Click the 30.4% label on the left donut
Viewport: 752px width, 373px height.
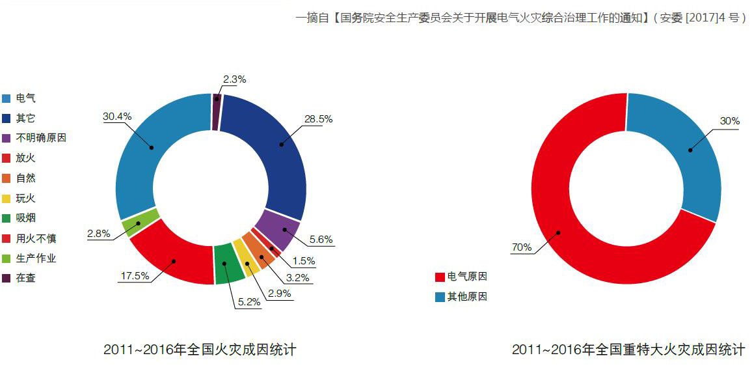click(117, 117)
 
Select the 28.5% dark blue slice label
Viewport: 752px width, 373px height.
click(318, 119)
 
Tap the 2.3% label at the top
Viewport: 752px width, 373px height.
click(234, 79)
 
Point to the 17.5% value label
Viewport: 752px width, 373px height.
click(135, 275)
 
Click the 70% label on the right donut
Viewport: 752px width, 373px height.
click(521, 247)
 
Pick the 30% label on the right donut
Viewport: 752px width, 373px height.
click(729, 121)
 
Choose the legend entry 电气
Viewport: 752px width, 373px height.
click(25, 98)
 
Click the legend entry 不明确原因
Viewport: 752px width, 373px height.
click(40, 138)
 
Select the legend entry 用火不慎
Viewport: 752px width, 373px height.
click(36, 238)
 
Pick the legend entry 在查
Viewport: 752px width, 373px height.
click(25, 278)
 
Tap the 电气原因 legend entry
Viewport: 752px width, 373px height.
click(466, 277)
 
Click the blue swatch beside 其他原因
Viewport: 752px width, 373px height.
click(440, 297)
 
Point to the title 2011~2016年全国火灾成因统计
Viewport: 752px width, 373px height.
click(199, 350)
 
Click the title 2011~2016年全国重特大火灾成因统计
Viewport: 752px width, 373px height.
click(628, 350)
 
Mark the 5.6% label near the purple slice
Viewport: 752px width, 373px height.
click(320, 240)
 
